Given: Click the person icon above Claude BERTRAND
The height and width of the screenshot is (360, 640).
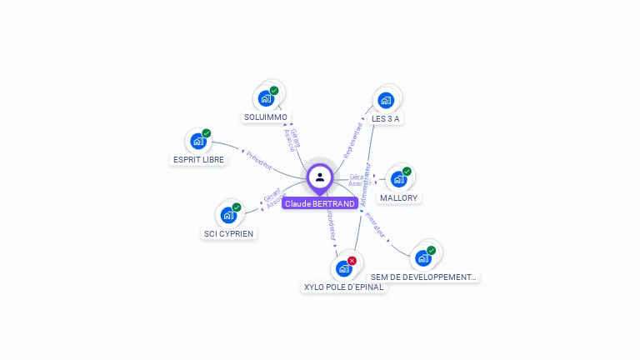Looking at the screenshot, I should click(320, 177).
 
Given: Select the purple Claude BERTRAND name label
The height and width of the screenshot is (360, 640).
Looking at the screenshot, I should click(320, 203).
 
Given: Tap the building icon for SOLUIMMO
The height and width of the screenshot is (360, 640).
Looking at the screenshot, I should click(267, 98).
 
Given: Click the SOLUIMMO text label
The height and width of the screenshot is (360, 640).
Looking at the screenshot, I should click(266, 117).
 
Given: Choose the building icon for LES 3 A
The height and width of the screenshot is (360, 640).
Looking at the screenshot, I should click(386, 100).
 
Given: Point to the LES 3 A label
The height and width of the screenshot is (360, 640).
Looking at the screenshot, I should click(386, 119).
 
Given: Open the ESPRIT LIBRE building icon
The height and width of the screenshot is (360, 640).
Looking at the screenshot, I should click(198, 141).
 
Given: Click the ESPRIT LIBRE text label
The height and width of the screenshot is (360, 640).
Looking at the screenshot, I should click(198, 160).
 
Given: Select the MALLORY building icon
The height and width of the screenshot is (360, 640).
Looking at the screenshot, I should click(399, 179).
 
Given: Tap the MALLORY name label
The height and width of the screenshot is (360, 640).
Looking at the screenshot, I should click(399, 198).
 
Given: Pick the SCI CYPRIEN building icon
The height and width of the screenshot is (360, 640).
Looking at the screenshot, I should click(228, 215).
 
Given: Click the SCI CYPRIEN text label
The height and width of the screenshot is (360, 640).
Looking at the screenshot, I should click(228, 234).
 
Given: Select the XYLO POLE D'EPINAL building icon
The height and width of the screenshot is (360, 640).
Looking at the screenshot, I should click(343, 268).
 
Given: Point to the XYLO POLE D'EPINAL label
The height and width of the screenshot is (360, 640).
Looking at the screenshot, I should click(343, 287).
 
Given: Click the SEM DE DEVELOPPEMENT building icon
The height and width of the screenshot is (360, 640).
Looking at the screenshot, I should click(423, 257).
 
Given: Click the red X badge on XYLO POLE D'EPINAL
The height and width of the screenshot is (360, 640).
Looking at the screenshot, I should click(352, 261).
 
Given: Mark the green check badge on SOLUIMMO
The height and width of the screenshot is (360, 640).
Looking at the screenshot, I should click(274, 90).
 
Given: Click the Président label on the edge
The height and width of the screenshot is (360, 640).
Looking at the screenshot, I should click(258, 160).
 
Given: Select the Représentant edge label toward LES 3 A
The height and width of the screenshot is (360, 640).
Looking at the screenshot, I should click(354, 139).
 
